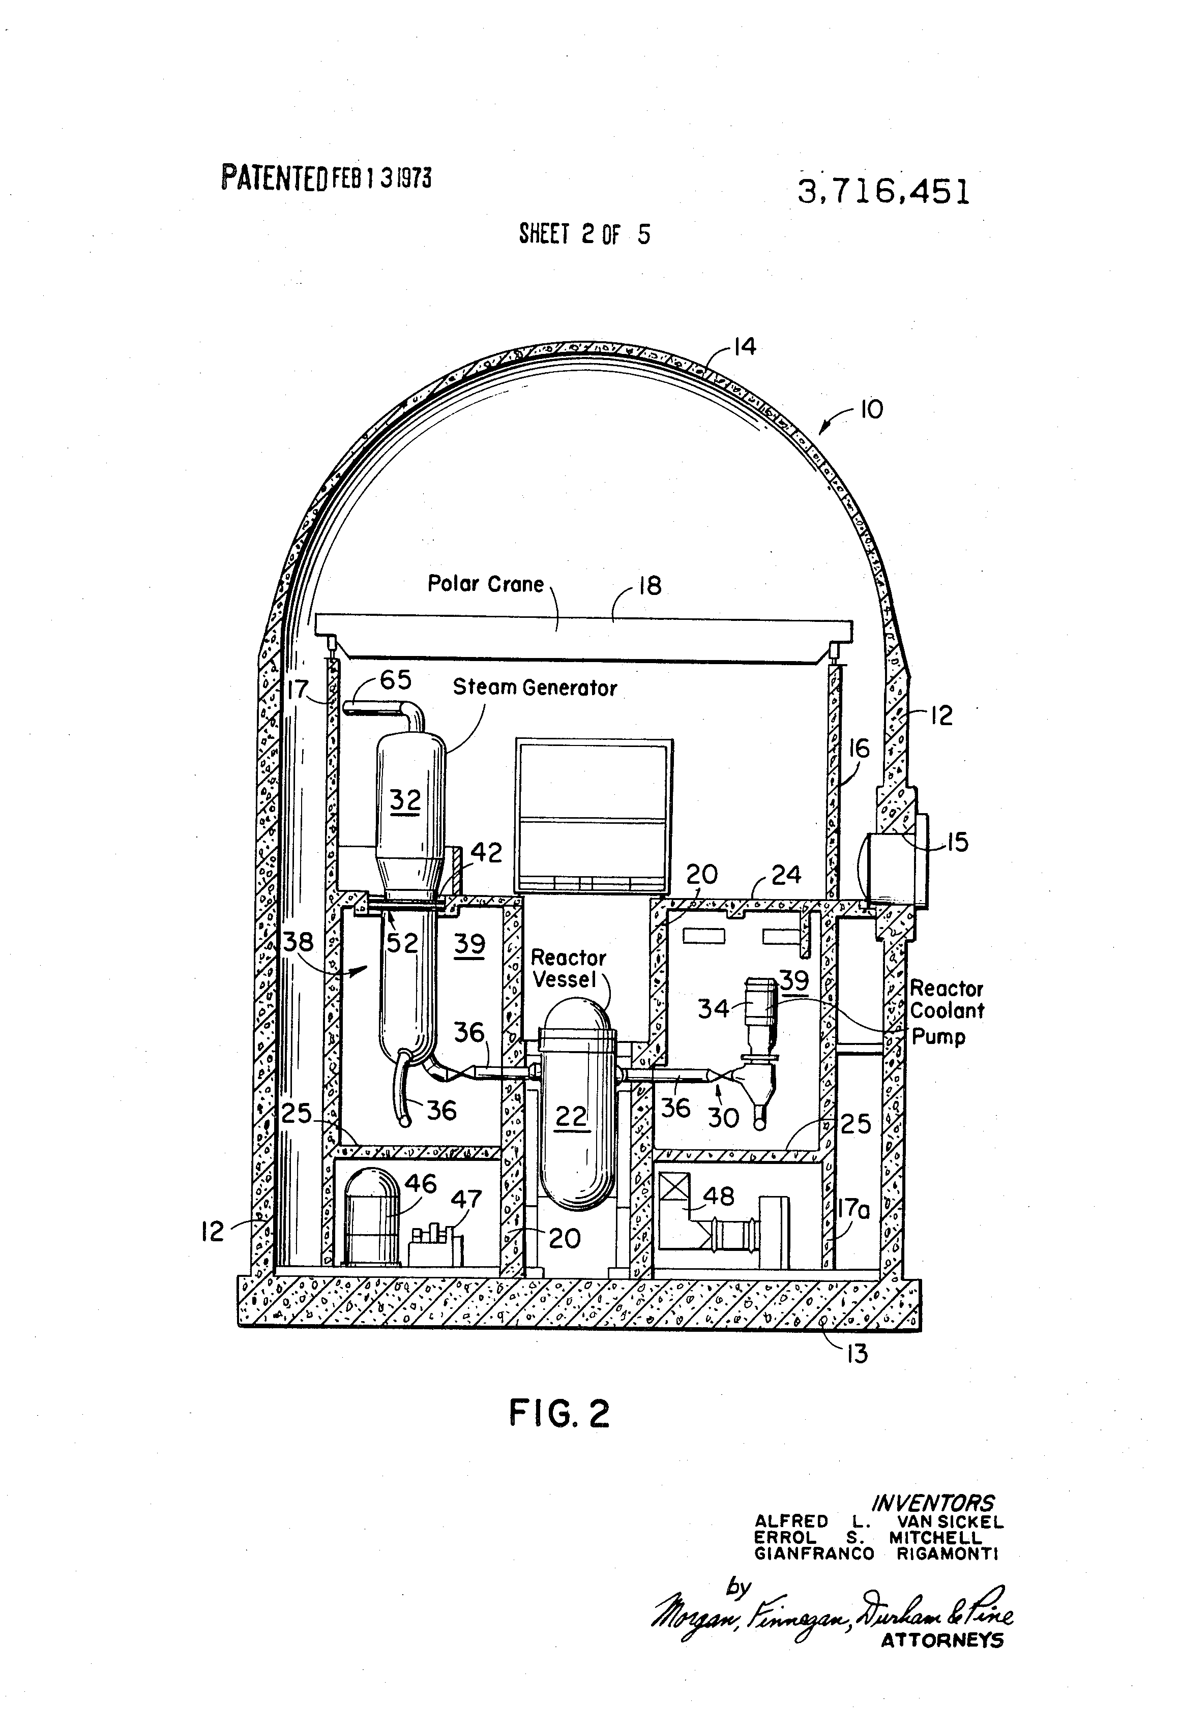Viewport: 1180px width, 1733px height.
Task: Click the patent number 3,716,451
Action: pyautogui.click(x=884, y=192)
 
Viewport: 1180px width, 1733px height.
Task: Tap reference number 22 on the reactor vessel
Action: pyautogui.click(x=571, y=1116)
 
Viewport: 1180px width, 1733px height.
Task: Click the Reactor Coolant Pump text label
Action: pyautogui.click(x=946, y=1012)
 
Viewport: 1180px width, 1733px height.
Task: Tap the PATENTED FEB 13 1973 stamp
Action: pyautogui.click(x=326, y=178)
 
